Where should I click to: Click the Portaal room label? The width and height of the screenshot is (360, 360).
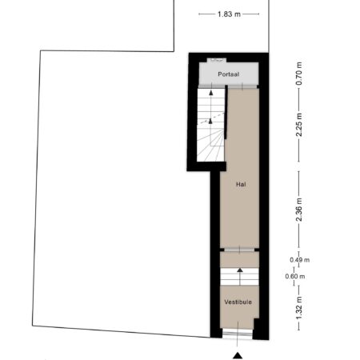click(228, 74)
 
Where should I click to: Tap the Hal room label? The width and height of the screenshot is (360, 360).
click(241, 184)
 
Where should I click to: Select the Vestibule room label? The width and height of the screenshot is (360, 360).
click(238, 302)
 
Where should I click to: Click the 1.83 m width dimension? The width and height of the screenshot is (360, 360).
click(229, 14)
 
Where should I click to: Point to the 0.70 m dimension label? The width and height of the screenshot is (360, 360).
click(299, 74)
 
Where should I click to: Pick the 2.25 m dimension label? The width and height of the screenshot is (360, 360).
click(299, 125)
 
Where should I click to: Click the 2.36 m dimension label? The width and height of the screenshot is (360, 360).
click(299, 210)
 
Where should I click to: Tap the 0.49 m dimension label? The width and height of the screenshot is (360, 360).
click(300, 260)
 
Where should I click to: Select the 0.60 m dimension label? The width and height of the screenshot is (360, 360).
click(295, 276)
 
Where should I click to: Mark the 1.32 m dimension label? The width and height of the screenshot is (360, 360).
click(299, 308)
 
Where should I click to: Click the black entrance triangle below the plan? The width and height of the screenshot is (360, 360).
click(238, 355)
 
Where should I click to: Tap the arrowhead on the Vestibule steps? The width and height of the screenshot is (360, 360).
click(240, 270)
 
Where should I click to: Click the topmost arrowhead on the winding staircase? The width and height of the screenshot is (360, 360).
click(211, 93)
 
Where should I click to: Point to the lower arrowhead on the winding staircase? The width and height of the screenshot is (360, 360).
click(210, 121)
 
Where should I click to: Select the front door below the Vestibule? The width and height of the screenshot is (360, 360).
click(238, 334)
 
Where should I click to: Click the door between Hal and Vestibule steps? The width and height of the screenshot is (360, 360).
click(239, 250)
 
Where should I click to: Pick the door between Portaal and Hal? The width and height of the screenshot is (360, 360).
click(242, 86)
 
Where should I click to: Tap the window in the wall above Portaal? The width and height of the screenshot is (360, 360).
click(217, 60)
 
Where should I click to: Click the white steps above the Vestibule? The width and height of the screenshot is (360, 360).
click(239, 277)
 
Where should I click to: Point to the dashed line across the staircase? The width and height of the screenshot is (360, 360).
click(212, 118)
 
